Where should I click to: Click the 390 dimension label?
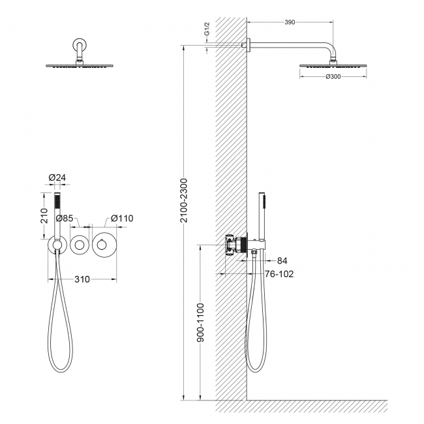tap(290, 22)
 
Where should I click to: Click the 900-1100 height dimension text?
tap(201, 323)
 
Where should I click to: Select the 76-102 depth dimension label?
tap(278, 274)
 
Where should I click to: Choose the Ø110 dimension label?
tap(122, 218)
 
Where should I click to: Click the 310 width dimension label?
tap(82, 279)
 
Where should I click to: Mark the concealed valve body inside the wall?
tap(232, 245)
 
